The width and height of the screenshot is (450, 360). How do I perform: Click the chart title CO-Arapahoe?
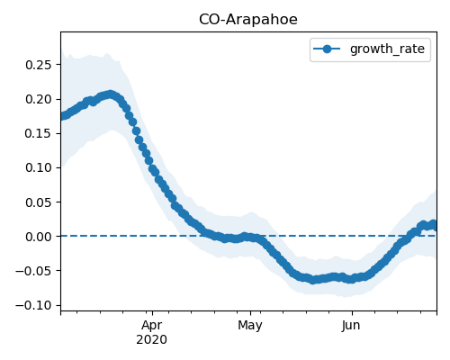(x=248, y=20)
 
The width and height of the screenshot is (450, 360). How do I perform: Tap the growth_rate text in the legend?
(x=387, y=49)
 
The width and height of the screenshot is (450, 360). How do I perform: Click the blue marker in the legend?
(x=327, y=49)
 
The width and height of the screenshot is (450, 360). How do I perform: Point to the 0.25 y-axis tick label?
(x=38, y=65)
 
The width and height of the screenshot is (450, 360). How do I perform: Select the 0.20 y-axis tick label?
(x=38, y=99)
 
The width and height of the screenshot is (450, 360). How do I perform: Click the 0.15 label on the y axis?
(x=38, y=133)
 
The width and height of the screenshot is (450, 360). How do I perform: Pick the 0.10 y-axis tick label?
(x=38, y=167)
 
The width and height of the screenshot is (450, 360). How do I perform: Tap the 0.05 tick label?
(x=38, y=202)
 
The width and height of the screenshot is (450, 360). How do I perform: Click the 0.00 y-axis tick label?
(x=38, y=237)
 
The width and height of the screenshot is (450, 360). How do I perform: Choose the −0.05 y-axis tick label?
(x=33, y=271)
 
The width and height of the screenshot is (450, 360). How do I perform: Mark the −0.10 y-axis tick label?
(x=33, y=305)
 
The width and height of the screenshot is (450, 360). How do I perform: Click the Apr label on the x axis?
(x=152, y=326)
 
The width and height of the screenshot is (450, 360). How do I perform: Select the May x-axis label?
(x=250, y=326)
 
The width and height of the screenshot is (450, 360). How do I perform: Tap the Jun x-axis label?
(x=351, y=326)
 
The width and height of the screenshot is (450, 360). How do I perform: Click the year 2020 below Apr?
(x=152, y=340)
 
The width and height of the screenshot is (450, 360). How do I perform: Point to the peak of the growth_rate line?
(x=111, y=94)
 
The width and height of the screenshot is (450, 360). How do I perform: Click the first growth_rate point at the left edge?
(x=62, y=116)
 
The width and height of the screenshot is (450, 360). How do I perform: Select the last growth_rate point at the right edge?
(x=434, y=224)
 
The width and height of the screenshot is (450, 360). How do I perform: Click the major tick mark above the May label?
(x=250, y=313)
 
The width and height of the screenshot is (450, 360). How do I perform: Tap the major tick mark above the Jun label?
(x=352, y=313)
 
